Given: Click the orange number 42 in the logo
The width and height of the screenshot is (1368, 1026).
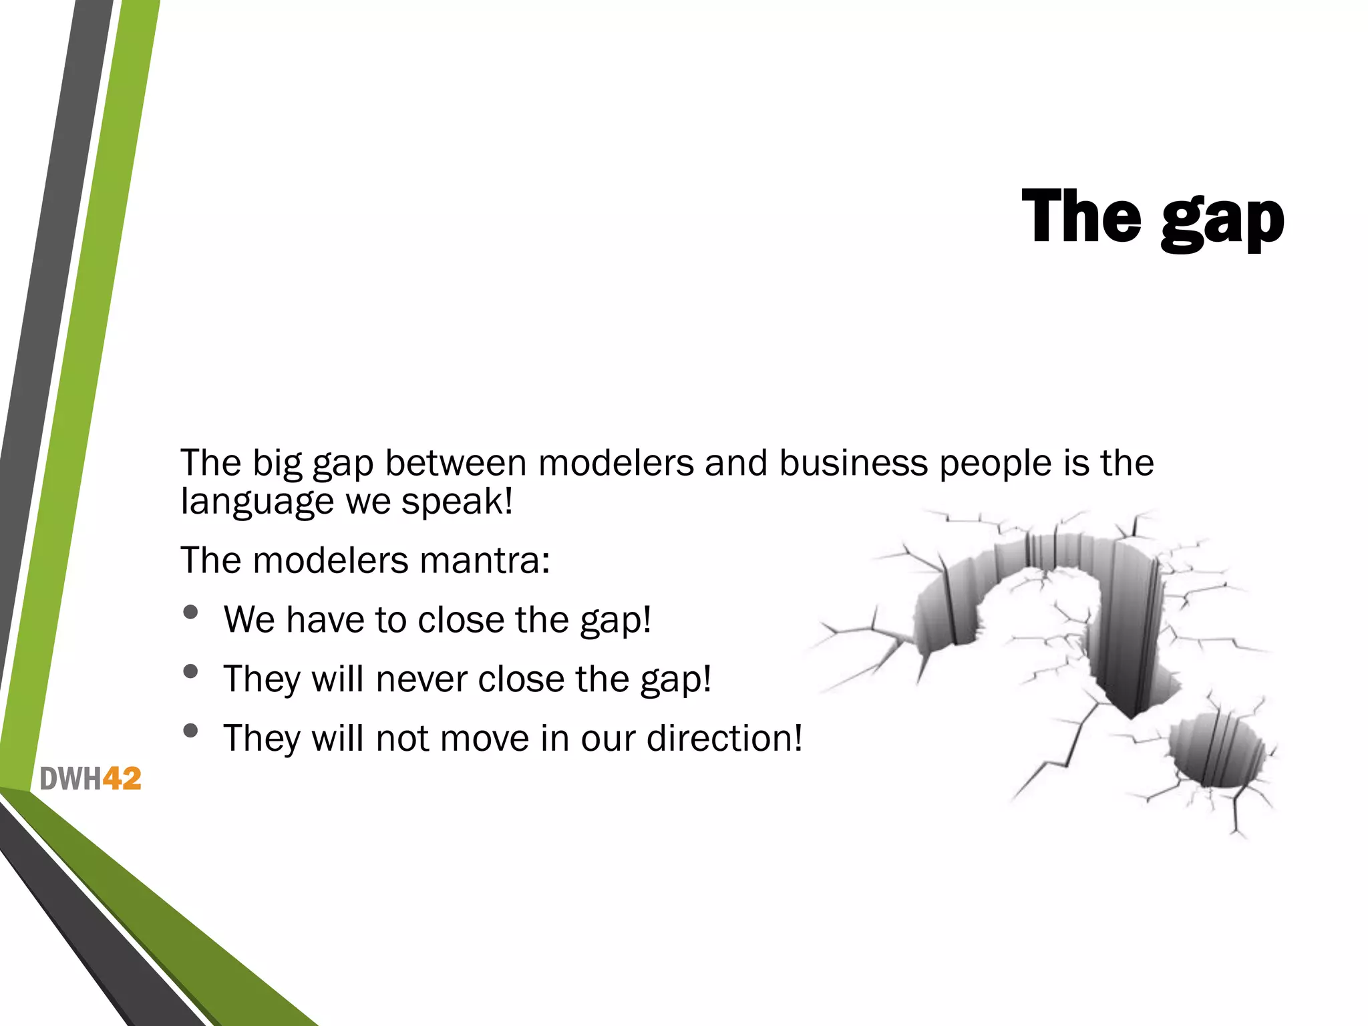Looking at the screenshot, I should tap(122, 779).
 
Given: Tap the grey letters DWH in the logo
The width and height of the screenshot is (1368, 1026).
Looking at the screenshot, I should tap(70, 779).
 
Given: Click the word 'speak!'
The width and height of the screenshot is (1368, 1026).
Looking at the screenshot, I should tap(457, 502).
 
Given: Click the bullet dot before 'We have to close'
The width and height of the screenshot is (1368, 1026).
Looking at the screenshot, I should tap(191, 612).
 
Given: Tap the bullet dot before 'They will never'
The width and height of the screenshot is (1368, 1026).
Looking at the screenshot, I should tap(191, 671).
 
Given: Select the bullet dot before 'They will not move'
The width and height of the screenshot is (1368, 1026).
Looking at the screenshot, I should tap(191, 731).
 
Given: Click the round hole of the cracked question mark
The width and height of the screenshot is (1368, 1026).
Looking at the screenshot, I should tap(1216, 750).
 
